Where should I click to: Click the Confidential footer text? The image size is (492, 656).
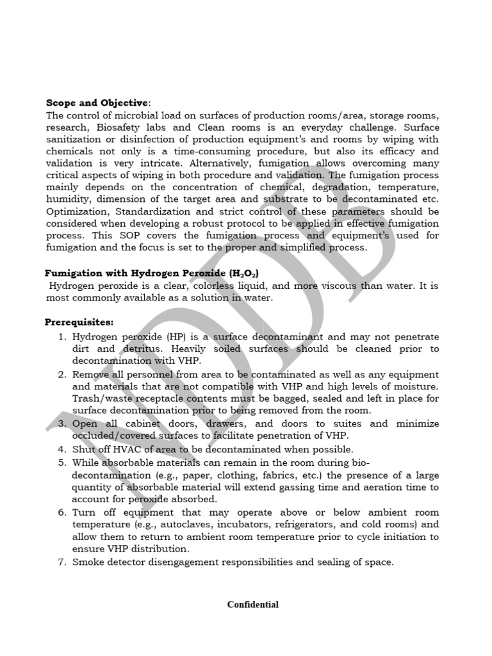(253, 604)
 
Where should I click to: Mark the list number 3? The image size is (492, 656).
(63, 424)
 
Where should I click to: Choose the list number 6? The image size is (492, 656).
(63, 512)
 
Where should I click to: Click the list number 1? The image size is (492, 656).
(63, 336)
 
